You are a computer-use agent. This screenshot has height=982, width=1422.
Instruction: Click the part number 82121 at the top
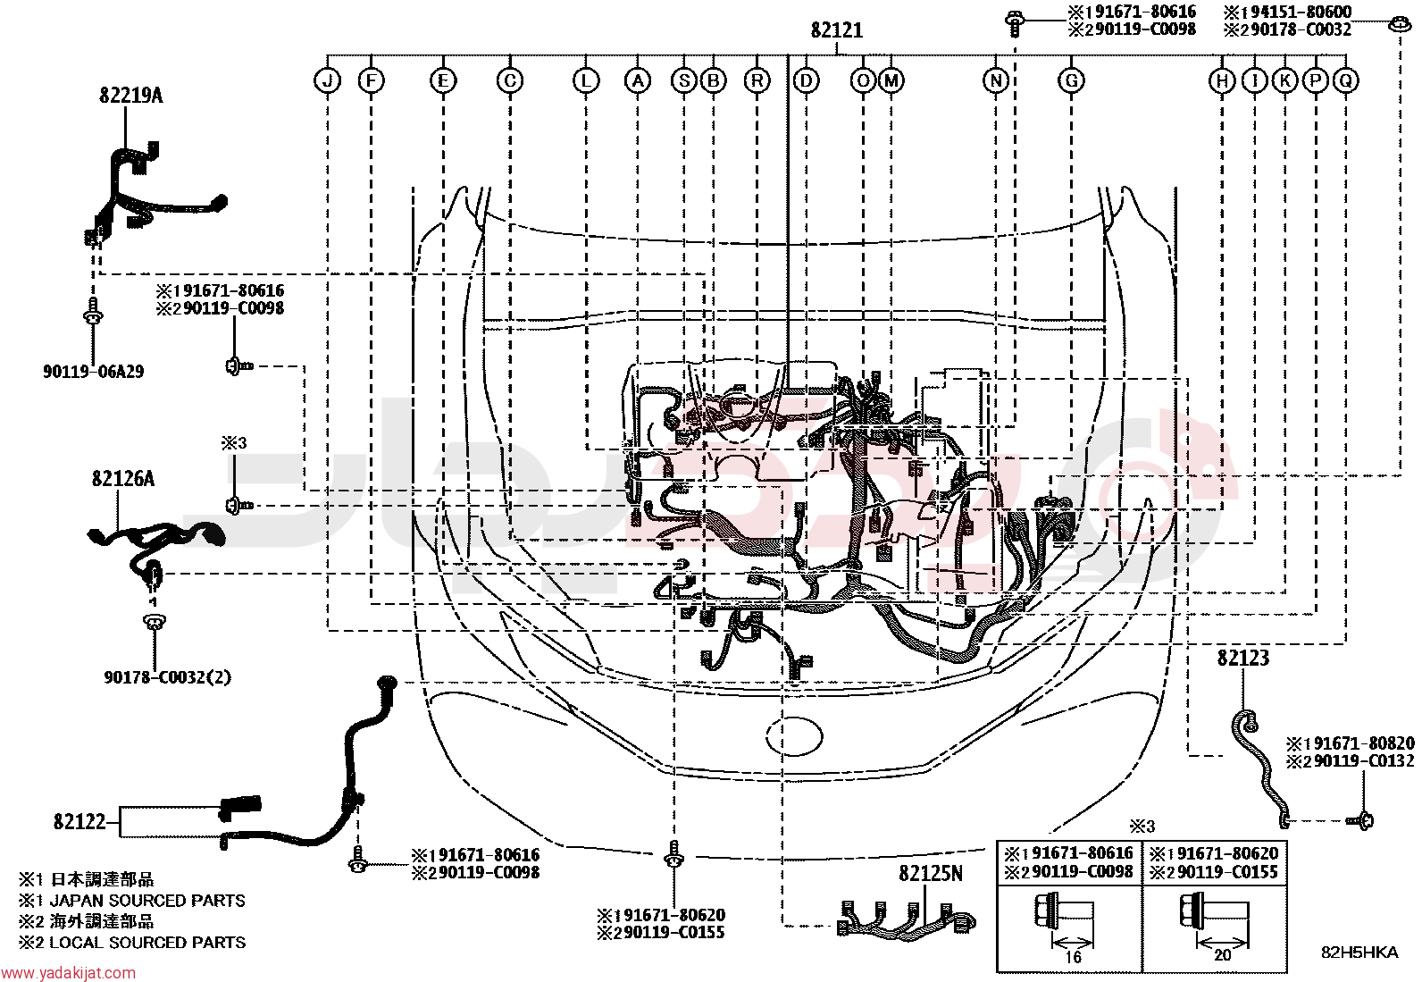pyautogui.click(x=837, y=30)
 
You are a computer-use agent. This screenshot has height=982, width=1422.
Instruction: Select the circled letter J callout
pyautogui.click(x=328, y=80)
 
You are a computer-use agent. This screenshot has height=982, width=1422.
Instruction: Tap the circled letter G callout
pyautogui.click(x=1071, y=80)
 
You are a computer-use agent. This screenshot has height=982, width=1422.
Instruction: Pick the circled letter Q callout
pyautogui.click(x=1346, y=80)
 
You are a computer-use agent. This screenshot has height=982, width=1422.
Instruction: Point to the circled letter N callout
pyautogui.click(x=995, y=80)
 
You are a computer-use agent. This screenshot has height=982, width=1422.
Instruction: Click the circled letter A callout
pyautogui.click(x=638, y=80)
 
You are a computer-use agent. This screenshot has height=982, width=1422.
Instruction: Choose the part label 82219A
pyautogui.click(x=130, y=96)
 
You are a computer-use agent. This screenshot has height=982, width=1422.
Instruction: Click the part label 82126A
pyautogui.click(x=123, y=478)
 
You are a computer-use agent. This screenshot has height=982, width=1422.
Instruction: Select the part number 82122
pyautogui.click(x=79, y=821)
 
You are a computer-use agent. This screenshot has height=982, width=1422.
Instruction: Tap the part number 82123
pyautogui.click(x=1243, y=658)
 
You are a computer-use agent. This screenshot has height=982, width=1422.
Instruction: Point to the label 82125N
pyautogui.click(x=931, y=874)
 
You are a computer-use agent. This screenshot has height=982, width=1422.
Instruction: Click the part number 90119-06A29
pyautogui.click(x=93, y=372)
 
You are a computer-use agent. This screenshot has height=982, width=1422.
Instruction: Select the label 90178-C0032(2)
pyautogui.click(x=168, y=677)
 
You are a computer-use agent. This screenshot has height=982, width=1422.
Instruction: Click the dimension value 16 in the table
pyautogui.click(x=1072, y=957)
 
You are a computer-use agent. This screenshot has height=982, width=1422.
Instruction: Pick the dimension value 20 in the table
pyautogui.click(x=1222, y=955)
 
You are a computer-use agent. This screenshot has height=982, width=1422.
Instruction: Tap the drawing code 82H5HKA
pyautogui.click(x=1359, y=953)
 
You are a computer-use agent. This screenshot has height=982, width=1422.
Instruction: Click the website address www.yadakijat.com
pyautogui.click(x=68, y=973)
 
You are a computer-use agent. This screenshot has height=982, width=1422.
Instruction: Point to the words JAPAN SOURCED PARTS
pyautogui.click(x=147, y=901)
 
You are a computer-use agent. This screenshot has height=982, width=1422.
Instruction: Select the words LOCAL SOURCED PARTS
pyautogui.click(x=147, y=943)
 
